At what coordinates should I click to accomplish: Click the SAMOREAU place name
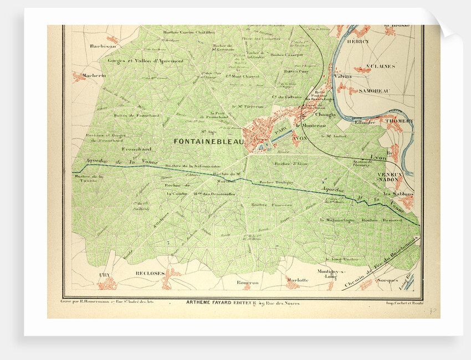[x=374, y=90]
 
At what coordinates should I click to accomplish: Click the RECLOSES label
[x=150, y=274]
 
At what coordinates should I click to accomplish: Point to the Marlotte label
[x=297, y=280]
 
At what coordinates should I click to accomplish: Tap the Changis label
[x=325, y=115]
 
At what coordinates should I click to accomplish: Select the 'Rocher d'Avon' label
[x=291, y=164]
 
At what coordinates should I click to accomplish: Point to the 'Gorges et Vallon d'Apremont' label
[x=137, y=60]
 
